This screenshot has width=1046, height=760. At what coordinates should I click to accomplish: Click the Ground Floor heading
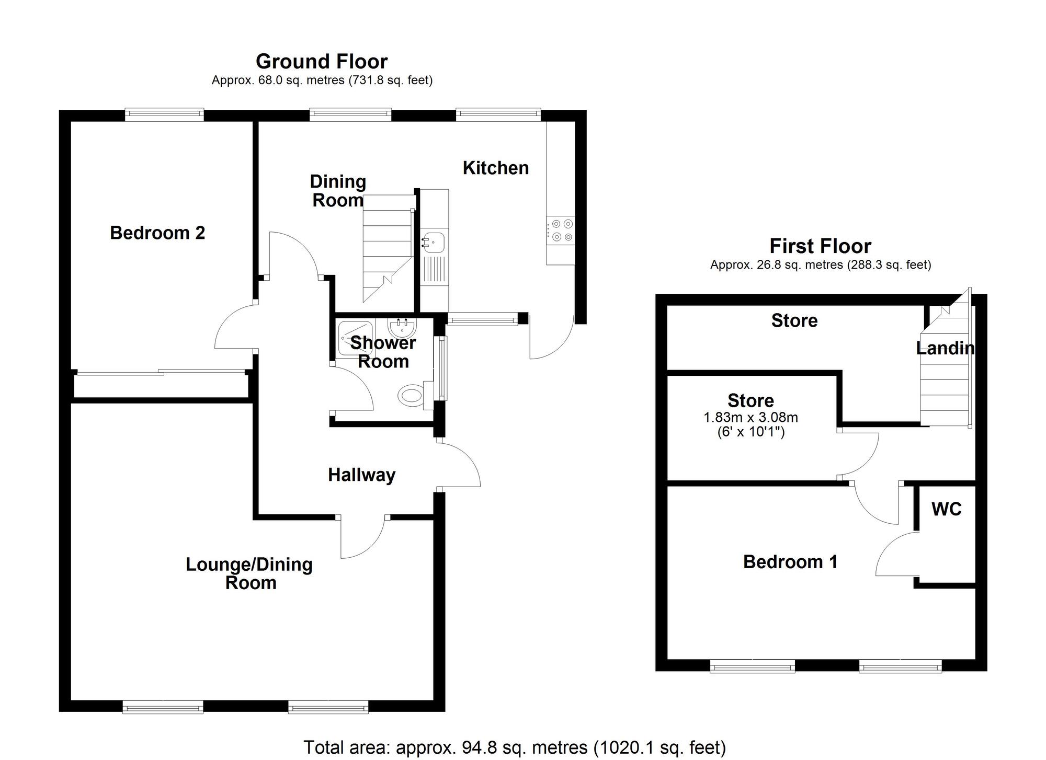(x=322, y=62)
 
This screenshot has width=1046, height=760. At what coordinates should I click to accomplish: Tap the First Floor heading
(x=820, y=246)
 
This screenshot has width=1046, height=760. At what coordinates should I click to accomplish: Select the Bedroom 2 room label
(x=157, y=233)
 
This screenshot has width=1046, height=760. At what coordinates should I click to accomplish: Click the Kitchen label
(x=496, y=168)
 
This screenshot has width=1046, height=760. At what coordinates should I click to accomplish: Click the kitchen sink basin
(x=434, y=243)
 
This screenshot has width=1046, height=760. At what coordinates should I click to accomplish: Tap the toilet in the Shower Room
(x=412, y=395)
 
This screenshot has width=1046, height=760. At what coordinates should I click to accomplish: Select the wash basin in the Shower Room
(x=402, y=328)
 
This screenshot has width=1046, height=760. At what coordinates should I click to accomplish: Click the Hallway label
(x=361, y=475)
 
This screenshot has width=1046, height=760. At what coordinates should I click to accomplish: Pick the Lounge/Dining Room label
(x=249, y=573)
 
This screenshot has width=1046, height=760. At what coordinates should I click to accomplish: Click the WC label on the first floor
(x=947, y=509)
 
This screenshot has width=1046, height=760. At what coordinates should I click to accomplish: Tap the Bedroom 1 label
(x=790, y=562)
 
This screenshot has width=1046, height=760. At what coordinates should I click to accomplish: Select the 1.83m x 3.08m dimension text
(x=751, y=418)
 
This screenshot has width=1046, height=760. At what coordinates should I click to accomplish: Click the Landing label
(x=945, y=348)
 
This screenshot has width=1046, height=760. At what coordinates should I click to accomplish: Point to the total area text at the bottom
(x=515, y=747)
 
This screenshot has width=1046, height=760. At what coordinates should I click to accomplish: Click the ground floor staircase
(x=388, y=246)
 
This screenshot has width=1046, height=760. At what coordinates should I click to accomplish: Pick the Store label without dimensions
(x=794, y=320)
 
